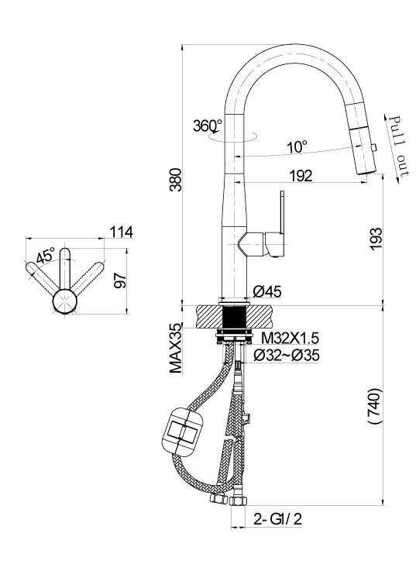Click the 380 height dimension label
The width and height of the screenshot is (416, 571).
coord(177,180)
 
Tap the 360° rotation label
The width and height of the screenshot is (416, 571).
coord(208,126)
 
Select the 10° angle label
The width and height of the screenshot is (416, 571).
coord(297,147)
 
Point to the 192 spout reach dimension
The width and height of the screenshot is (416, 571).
coord(301,176)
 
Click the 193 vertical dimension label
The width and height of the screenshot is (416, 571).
coord(376,239)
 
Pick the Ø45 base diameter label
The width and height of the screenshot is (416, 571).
coord(267,291)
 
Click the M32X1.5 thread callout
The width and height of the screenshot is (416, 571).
coord(290,339)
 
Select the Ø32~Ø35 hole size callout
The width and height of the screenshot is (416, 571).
coord(287,356)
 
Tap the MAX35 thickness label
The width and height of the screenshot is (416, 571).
coord(177,348)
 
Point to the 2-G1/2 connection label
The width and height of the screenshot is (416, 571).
coord(277,519)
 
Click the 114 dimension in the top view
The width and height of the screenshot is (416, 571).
coord(122,232)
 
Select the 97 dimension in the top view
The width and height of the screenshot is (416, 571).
coord(120,280)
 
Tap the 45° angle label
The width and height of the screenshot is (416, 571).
coord(46,255)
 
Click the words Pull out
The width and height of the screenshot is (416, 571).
coord(398,146)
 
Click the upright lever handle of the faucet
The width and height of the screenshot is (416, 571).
coord(281,213)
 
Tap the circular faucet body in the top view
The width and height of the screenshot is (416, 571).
coord(65,301)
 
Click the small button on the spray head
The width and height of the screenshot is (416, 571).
coord(373,147)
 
